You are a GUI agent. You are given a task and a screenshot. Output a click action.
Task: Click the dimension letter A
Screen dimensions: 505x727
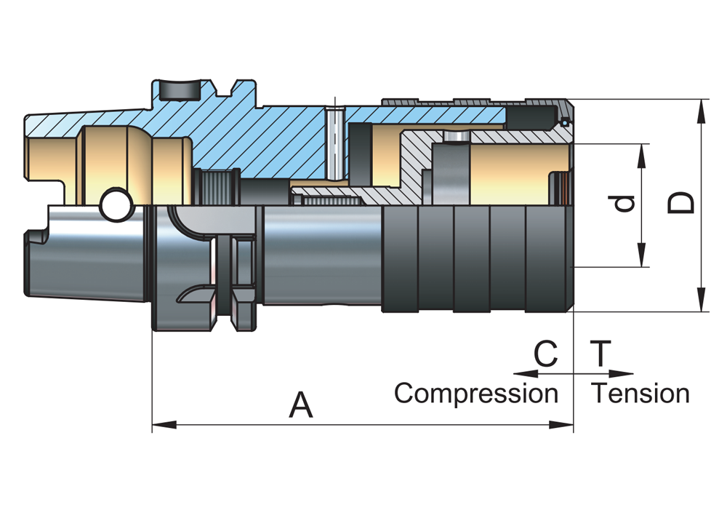coord(300,405)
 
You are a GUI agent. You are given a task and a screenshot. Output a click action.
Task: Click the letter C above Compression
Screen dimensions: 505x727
coord(545,354)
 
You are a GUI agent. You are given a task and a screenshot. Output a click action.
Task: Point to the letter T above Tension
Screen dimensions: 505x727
coord(601,354)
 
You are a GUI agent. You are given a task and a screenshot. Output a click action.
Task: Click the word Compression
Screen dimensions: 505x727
coord(475,394)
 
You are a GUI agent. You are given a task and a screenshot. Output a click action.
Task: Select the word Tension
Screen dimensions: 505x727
coord(640,394)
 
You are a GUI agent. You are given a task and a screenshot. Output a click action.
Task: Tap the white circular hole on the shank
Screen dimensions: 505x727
coord(114,206)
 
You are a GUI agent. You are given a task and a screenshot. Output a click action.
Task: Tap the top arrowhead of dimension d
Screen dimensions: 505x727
coord(643,151)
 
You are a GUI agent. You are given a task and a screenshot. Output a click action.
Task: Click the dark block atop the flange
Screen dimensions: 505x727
coord(180,90)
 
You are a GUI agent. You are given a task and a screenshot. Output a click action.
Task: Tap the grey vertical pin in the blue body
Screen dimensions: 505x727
coord(334,142)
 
